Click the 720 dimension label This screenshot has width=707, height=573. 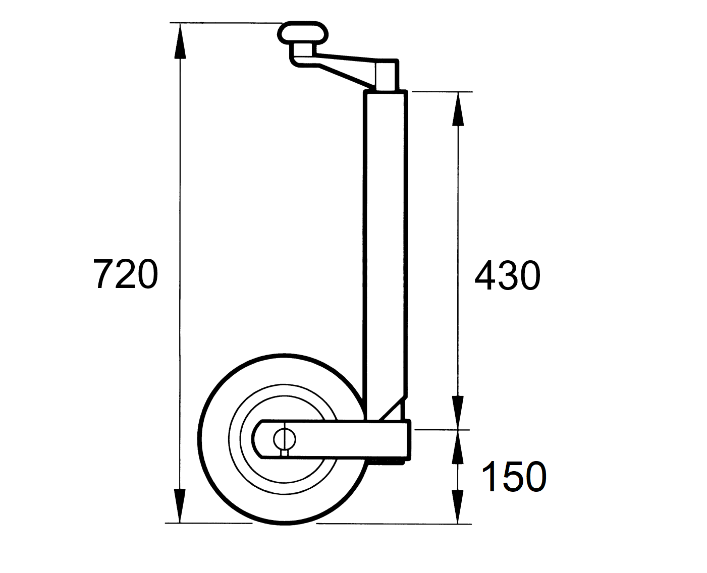pos(126,274)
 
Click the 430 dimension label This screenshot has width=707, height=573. pos(508,275)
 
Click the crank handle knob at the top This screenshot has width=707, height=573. pos(303,33)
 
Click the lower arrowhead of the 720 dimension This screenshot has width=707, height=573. pos(180,505)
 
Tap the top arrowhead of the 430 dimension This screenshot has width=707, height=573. pos(458,109)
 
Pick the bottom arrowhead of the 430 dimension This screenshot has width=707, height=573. pos(458,413)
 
